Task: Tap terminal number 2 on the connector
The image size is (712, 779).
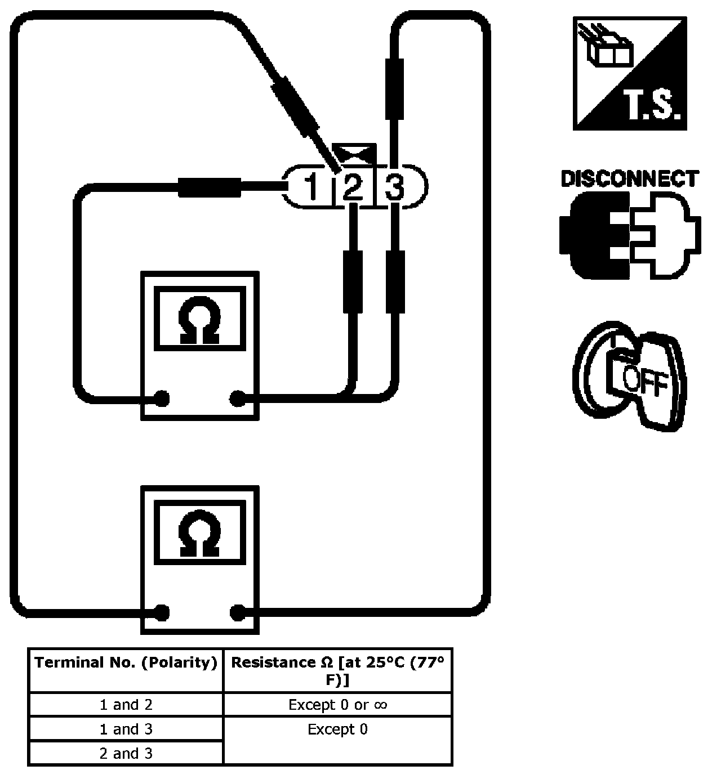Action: (x=353, y=187)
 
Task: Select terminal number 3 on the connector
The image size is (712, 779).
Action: (x=395, y=187)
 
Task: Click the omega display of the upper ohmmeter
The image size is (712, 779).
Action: (x=199, y=319)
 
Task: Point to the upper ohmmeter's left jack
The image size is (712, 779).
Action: (x=162, y=399)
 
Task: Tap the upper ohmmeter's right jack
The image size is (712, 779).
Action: (x=238, y=399)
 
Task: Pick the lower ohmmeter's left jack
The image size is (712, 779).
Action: (x=162, y=612)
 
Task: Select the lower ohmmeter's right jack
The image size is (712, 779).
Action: (x=238, y=612)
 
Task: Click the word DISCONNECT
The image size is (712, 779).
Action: (x=629, y=179)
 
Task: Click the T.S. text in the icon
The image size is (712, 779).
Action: (x=653, y=106)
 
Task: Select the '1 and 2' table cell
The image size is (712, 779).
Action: (x=126, y=705)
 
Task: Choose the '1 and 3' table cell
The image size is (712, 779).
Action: (x=126, y=729)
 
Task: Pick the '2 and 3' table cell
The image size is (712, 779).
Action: (x=126, y=753)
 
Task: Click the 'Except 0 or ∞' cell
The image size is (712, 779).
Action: (x=337, y=705)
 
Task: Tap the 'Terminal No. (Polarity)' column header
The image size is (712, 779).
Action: (x=126, y=663)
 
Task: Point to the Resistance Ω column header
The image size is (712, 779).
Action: (x=337, y=671)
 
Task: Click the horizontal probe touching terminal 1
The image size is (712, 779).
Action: (x=210, y=187)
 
